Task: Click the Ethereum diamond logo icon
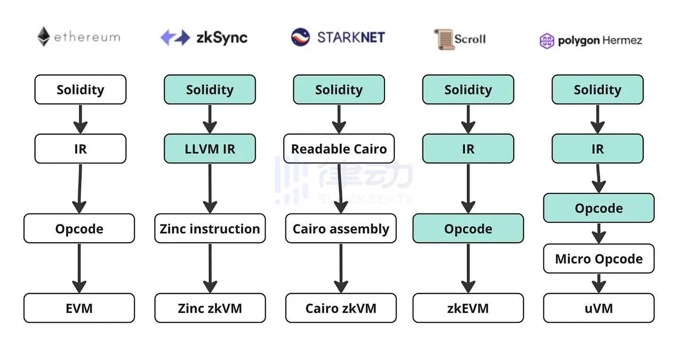coord(44,37)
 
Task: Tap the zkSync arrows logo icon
coord(175,37)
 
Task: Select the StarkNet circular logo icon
coord(301,37)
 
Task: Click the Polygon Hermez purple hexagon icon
coord(547,41)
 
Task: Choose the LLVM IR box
coord(210,149)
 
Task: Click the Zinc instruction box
coord(210,229)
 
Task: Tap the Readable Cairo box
coord(339,149)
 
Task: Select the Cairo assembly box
coord(341,229)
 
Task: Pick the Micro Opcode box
coord(599,258)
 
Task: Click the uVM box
coord(599,308)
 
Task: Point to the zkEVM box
coord(468,308)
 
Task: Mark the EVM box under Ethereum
coord(79,308)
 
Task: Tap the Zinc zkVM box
coord(210,308)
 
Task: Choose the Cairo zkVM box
coord(341,308)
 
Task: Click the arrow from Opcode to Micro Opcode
coord(599,233)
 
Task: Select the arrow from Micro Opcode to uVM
coord(599,283)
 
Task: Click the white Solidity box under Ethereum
coord(80,89)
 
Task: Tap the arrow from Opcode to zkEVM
coord(468,268)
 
